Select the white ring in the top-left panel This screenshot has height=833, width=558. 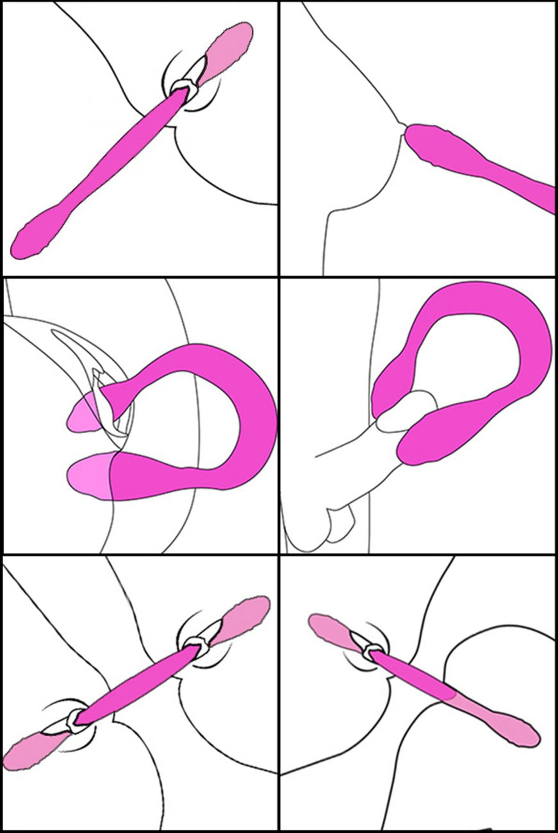[183, 87]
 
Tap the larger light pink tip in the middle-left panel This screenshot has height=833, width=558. [90, 477]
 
